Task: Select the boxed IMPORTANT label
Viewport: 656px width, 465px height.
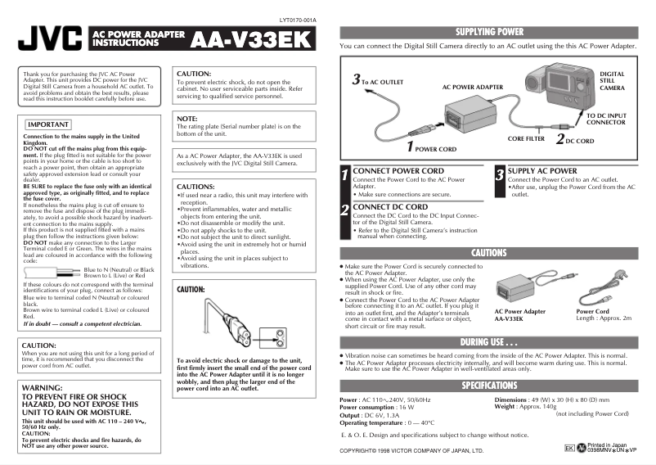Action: (x=48, y=124)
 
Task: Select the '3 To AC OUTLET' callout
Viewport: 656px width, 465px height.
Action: (x=377, y=81)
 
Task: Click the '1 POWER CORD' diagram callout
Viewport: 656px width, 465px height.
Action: (x=432, y=148)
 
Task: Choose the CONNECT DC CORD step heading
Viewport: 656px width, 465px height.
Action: (x=389, y=207)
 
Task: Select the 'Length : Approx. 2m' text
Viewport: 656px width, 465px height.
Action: (x=604, y=318)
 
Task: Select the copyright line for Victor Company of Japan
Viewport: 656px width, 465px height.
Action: (x=411, y=451)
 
